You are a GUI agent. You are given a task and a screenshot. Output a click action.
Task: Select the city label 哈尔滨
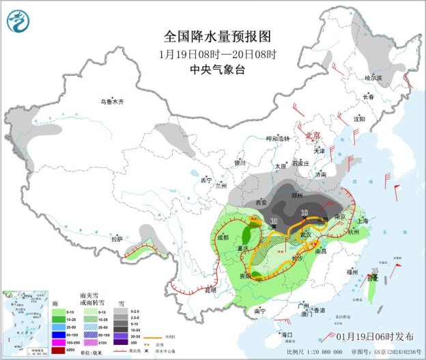point(375,79)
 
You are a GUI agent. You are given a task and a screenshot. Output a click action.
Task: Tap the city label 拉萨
point(117,239)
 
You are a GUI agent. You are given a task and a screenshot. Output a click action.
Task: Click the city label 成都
point(223,237)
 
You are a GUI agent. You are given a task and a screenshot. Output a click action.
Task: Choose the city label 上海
point(362,221)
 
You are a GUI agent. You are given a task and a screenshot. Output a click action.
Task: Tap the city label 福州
point(352,271)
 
